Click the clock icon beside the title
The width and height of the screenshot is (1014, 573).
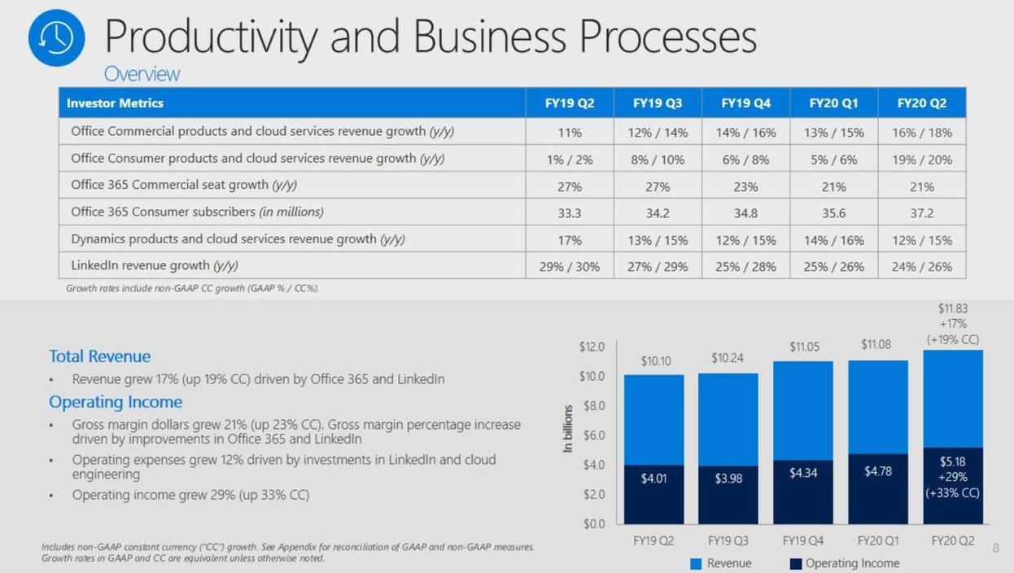(56, 38)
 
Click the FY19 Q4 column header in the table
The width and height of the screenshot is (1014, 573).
(745, 103)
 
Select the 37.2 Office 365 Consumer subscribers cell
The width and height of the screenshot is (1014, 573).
(921, 212)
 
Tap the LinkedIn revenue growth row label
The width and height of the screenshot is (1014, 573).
(155, 266)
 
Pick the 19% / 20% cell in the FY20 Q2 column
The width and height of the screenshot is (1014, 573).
(921, 160)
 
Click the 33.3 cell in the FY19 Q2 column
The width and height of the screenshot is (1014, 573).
(570, 212)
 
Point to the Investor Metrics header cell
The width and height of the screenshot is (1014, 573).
(115, 103)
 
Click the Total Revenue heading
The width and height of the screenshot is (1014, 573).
(99, 356)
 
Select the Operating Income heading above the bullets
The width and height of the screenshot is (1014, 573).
(116, 402)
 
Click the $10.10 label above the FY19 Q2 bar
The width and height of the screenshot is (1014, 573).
(655, 361)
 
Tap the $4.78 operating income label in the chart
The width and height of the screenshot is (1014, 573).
(877, 471)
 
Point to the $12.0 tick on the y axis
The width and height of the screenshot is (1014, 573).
(592, 347)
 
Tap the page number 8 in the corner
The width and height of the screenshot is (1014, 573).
(995, 549)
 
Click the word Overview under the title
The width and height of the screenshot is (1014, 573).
(142, 74)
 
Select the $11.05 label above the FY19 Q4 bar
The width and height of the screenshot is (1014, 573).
(804, 348)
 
